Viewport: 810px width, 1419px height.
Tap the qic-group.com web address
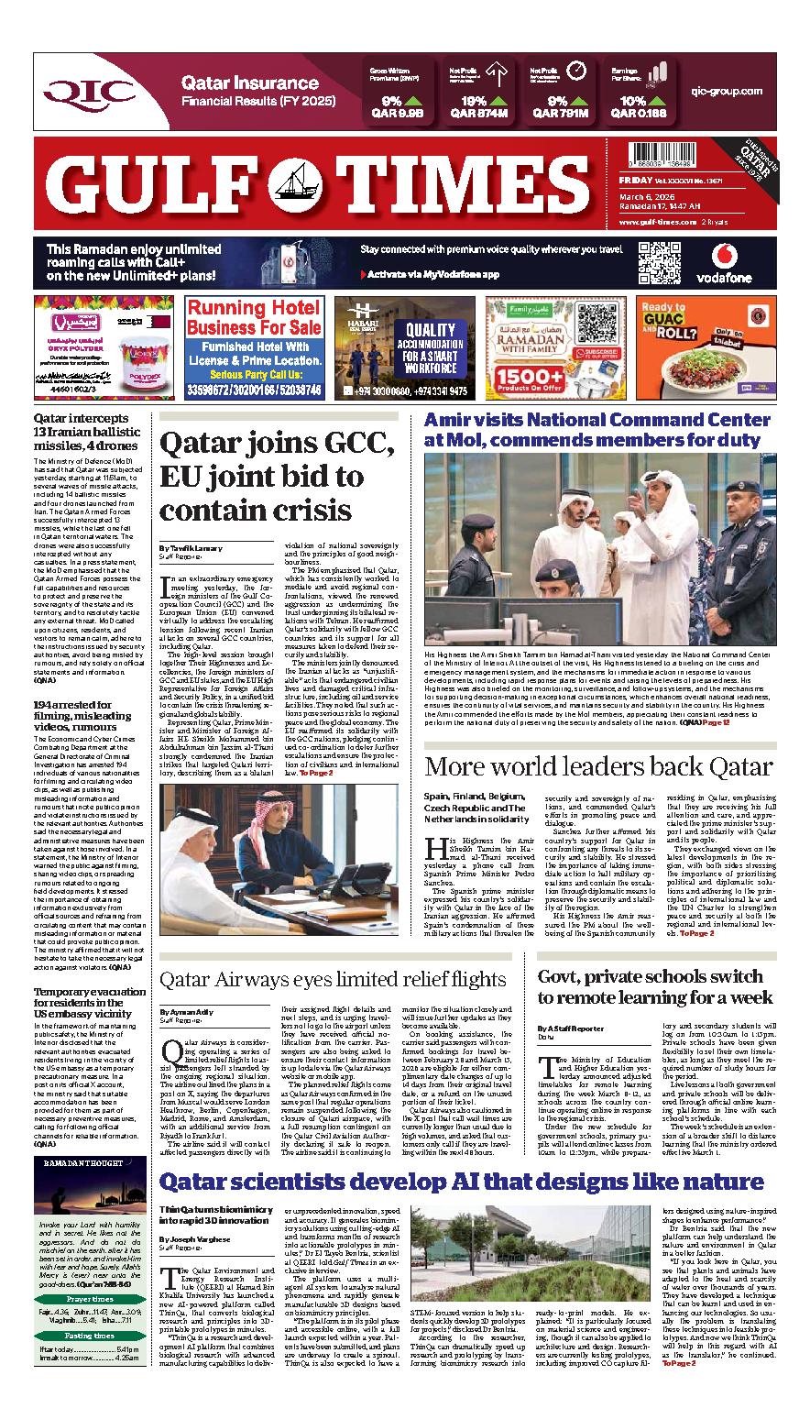pos(728,92)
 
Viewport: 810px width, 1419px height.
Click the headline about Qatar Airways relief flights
pos(333,979)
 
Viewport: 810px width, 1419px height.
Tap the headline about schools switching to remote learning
pos(655,986)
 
